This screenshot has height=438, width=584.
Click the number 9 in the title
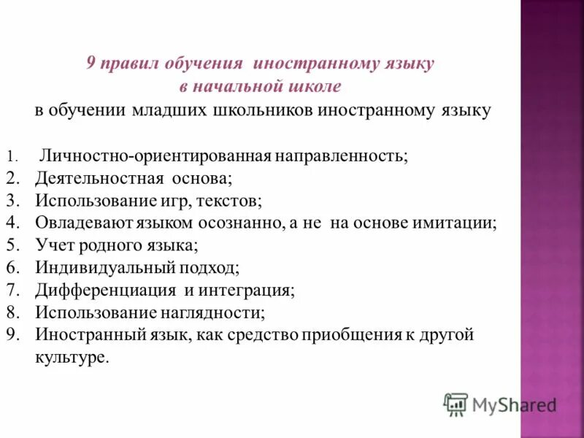point(91,64)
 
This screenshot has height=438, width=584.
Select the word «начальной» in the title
point(242,88)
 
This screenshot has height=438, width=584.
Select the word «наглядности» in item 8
point(211,313)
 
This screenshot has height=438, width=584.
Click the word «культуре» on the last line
point(72,358)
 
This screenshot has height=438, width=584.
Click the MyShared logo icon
point(456,404)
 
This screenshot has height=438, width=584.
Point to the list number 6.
point(12,269)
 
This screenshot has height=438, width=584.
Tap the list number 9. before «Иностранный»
point(12,336)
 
